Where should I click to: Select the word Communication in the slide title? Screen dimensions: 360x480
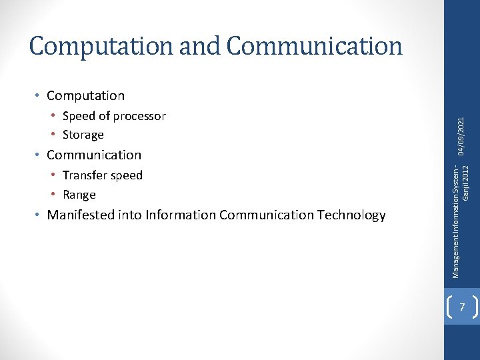tap(314, 46)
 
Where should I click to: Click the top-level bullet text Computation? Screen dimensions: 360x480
tap(85, 95)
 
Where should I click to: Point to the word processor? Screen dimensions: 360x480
tap(139, 116)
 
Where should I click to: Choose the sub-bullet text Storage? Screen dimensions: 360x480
tap(83, 135)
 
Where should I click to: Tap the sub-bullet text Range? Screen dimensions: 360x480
tap(79, 195)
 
